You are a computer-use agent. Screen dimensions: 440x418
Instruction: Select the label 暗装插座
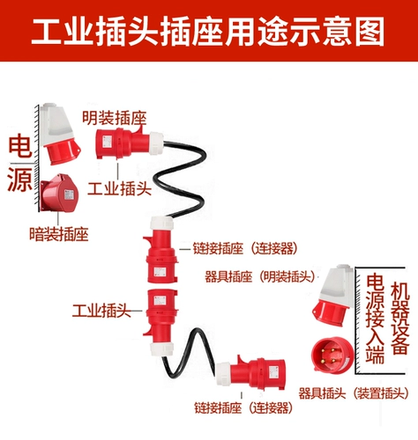57,234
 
